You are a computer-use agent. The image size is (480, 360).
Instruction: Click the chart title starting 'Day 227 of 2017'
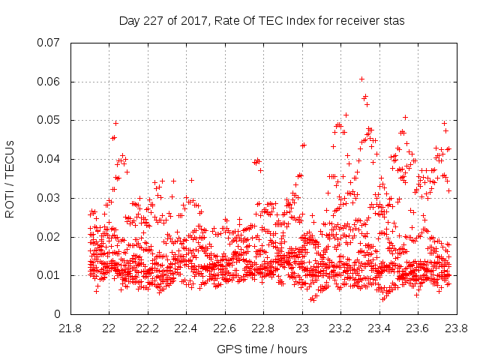point(262,21)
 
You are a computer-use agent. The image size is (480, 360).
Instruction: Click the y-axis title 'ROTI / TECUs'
point(10,178)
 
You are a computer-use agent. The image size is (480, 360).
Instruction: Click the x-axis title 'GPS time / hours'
point(262,349)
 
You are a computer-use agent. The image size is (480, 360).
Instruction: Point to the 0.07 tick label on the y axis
point(49,43)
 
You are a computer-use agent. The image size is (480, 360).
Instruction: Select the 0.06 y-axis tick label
point(49,82)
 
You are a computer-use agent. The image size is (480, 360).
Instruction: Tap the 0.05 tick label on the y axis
point(49,120)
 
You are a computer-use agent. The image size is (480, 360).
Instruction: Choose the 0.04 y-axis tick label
point(49,159)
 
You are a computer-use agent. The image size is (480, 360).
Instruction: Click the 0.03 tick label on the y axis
point(49,198)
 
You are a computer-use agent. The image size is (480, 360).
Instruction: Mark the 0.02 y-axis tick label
point(49,237)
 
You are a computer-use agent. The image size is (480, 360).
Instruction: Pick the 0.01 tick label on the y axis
point(49,275)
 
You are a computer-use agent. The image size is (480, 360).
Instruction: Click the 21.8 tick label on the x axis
point(70,328)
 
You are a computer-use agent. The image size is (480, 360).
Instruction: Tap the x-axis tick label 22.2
point(148,328)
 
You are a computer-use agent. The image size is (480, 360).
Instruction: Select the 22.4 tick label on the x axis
point(186,328)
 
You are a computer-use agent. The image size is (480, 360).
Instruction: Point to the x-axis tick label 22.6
point(225,328)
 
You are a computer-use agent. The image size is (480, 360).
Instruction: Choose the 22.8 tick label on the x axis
point(263,328)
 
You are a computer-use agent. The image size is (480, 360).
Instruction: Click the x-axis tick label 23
point(302,328)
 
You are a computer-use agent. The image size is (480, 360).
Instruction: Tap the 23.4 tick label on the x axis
point(379,328)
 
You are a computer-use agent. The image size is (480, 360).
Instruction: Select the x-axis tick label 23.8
point(456,328)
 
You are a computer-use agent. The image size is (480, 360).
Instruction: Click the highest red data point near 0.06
point(361,79)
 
